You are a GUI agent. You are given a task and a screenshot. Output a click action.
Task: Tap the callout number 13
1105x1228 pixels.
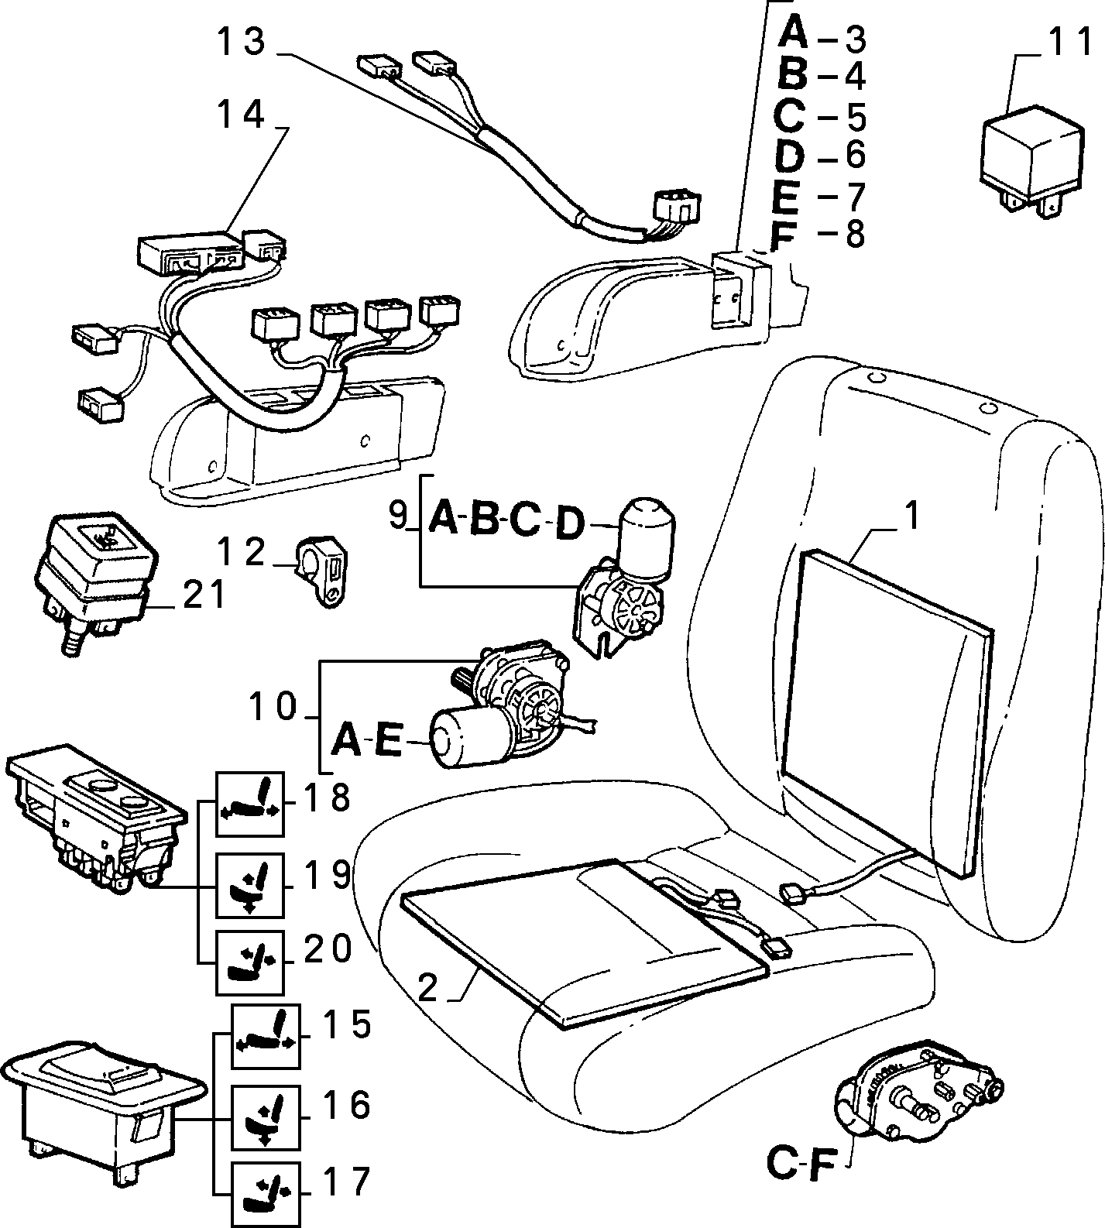click(242, 43)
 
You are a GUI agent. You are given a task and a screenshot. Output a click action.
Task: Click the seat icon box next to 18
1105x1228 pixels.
click(249, 804)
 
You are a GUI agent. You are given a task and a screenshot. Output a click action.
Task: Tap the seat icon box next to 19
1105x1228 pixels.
click(249, 886)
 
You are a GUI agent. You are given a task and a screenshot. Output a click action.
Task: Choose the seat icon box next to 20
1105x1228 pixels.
click(249, 962)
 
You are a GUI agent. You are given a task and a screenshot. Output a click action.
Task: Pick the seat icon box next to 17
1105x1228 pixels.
click(266, 1195)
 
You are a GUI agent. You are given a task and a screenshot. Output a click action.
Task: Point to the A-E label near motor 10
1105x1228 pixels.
click(367, 740)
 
